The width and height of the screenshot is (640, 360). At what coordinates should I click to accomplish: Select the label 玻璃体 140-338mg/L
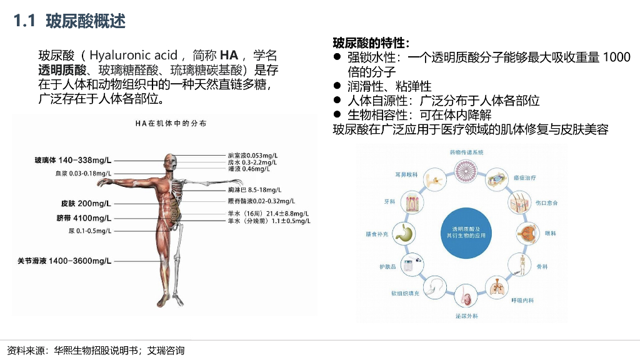pos(72,161)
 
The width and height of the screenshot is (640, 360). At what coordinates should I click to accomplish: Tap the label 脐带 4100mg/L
pos(84,218)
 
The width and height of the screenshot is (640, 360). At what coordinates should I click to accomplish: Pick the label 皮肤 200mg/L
pos(86,204)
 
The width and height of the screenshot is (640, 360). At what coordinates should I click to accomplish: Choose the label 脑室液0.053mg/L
pos(253,155)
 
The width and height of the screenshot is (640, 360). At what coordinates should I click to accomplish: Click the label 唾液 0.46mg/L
pos(249,169)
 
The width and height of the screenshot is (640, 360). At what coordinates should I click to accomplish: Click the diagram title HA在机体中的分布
pos(171,124)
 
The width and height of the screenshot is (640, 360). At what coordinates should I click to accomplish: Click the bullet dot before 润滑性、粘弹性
pos(337,86)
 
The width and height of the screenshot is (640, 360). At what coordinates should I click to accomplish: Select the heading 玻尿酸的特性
pos(371,43)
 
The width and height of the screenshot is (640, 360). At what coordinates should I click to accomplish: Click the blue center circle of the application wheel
pos(465,232)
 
